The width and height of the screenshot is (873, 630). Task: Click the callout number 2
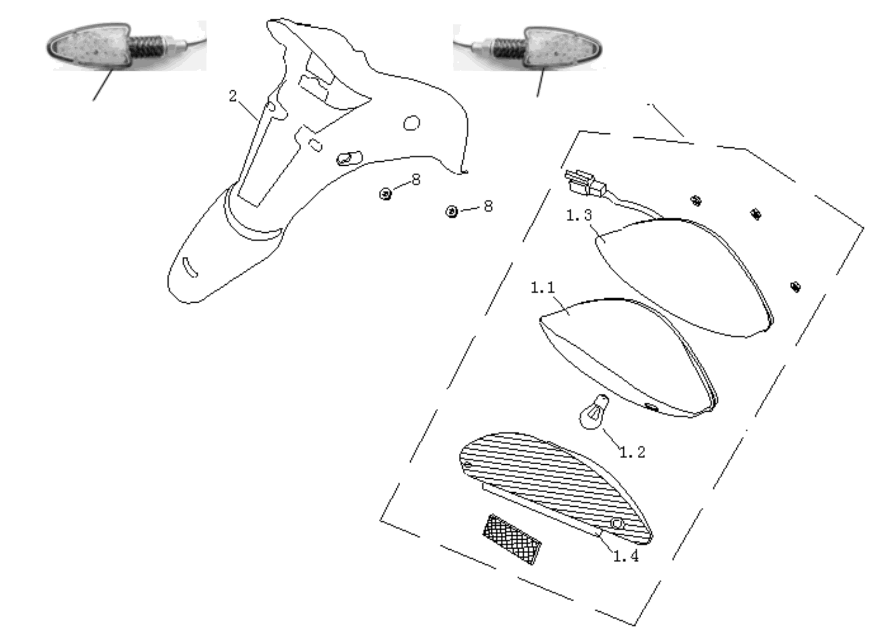click(233, 96)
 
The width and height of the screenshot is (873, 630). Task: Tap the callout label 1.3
click(579, 215)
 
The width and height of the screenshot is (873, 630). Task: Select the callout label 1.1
click(543, 288)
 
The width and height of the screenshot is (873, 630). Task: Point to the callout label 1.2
click(632, 452)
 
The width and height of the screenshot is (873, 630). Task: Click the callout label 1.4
click(626, 556)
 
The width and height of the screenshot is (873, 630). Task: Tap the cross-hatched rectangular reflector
click(512, 539)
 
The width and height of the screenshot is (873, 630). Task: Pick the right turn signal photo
click(528, 48)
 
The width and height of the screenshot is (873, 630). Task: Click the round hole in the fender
click(411, 123)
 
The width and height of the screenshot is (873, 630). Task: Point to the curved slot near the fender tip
click(189, 267)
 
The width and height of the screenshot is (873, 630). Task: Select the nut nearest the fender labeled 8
click(385, 193)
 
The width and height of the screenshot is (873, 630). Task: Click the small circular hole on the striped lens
click(617, 523)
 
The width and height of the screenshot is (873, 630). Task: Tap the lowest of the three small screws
click(795, 286)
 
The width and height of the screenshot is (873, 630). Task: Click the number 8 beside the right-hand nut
click(488, 206)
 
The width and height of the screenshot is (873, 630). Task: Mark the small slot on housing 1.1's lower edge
click(652, 408)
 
